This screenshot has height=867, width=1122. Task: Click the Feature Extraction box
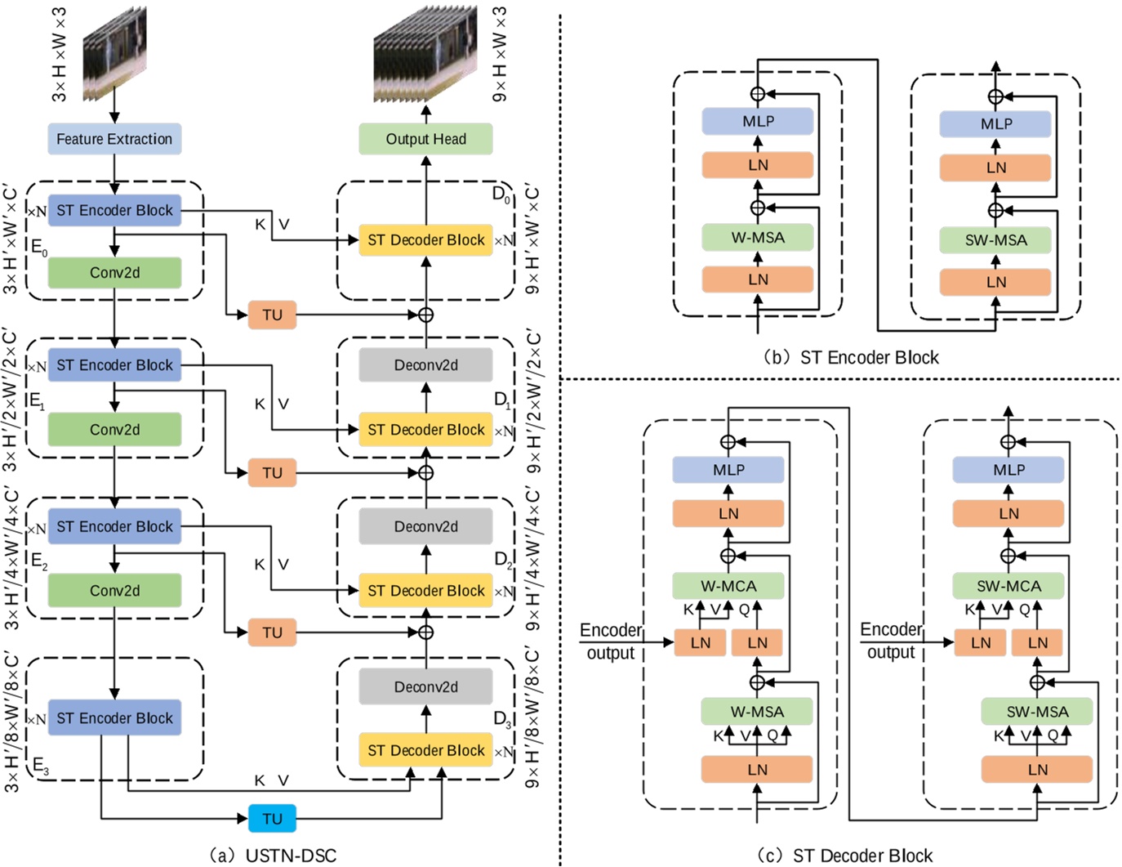pyautogui.click(x=114, y=139)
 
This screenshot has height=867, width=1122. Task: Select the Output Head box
pyautogui.click(x=425, y=139)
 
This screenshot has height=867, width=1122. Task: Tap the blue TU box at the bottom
pyautogui.click(x=272, y=818)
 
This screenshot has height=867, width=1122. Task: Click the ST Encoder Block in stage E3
pyautogui.click(x=114, y=718)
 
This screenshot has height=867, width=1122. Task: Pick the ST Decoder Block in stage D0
pyautogui.click(x=425, y=240)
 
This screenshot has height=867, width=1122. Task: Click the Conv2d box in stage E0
pyautogui.click(x=114, y=273)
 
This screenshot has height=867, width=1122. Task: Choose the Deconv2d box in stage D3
pyautogui.click(x=425, y=687)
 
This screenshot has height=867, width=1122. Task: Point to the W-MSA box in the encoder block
pyautogui.click(x=757, y=238)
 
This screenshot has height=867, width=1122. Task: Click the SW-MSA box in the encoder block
pyautogui.click(x=995, y=240)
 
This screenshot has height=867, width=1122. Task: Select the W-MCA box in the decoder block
pyautogui.click(x=728, y=586)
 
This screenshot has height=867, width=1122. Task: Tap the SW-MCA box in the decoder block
pyautogui.click(x=1008, y=586)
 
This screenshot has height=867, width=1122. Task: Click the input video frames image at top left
pyautogui.click(x=114, y=53)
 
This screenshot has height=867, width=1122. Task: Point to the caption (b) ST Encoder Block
pyautogui.click(x=849, y=357)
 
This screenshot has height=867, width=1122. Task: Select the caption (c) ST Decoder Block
pyautogui.click(x=844, y=856)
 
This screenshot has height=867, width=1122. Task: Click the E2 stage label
pyautogui.click(x=39, y=561)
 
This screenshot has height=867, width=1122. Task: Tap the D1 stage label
pyautogui.click(x=502, y=400)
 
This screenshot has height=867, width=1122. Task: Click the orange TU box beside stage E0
pyautogui.click(x=272, y=315)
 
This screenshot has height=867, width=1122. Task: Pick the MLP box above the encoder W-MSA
pyautogui.click(x=757, y=121)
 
